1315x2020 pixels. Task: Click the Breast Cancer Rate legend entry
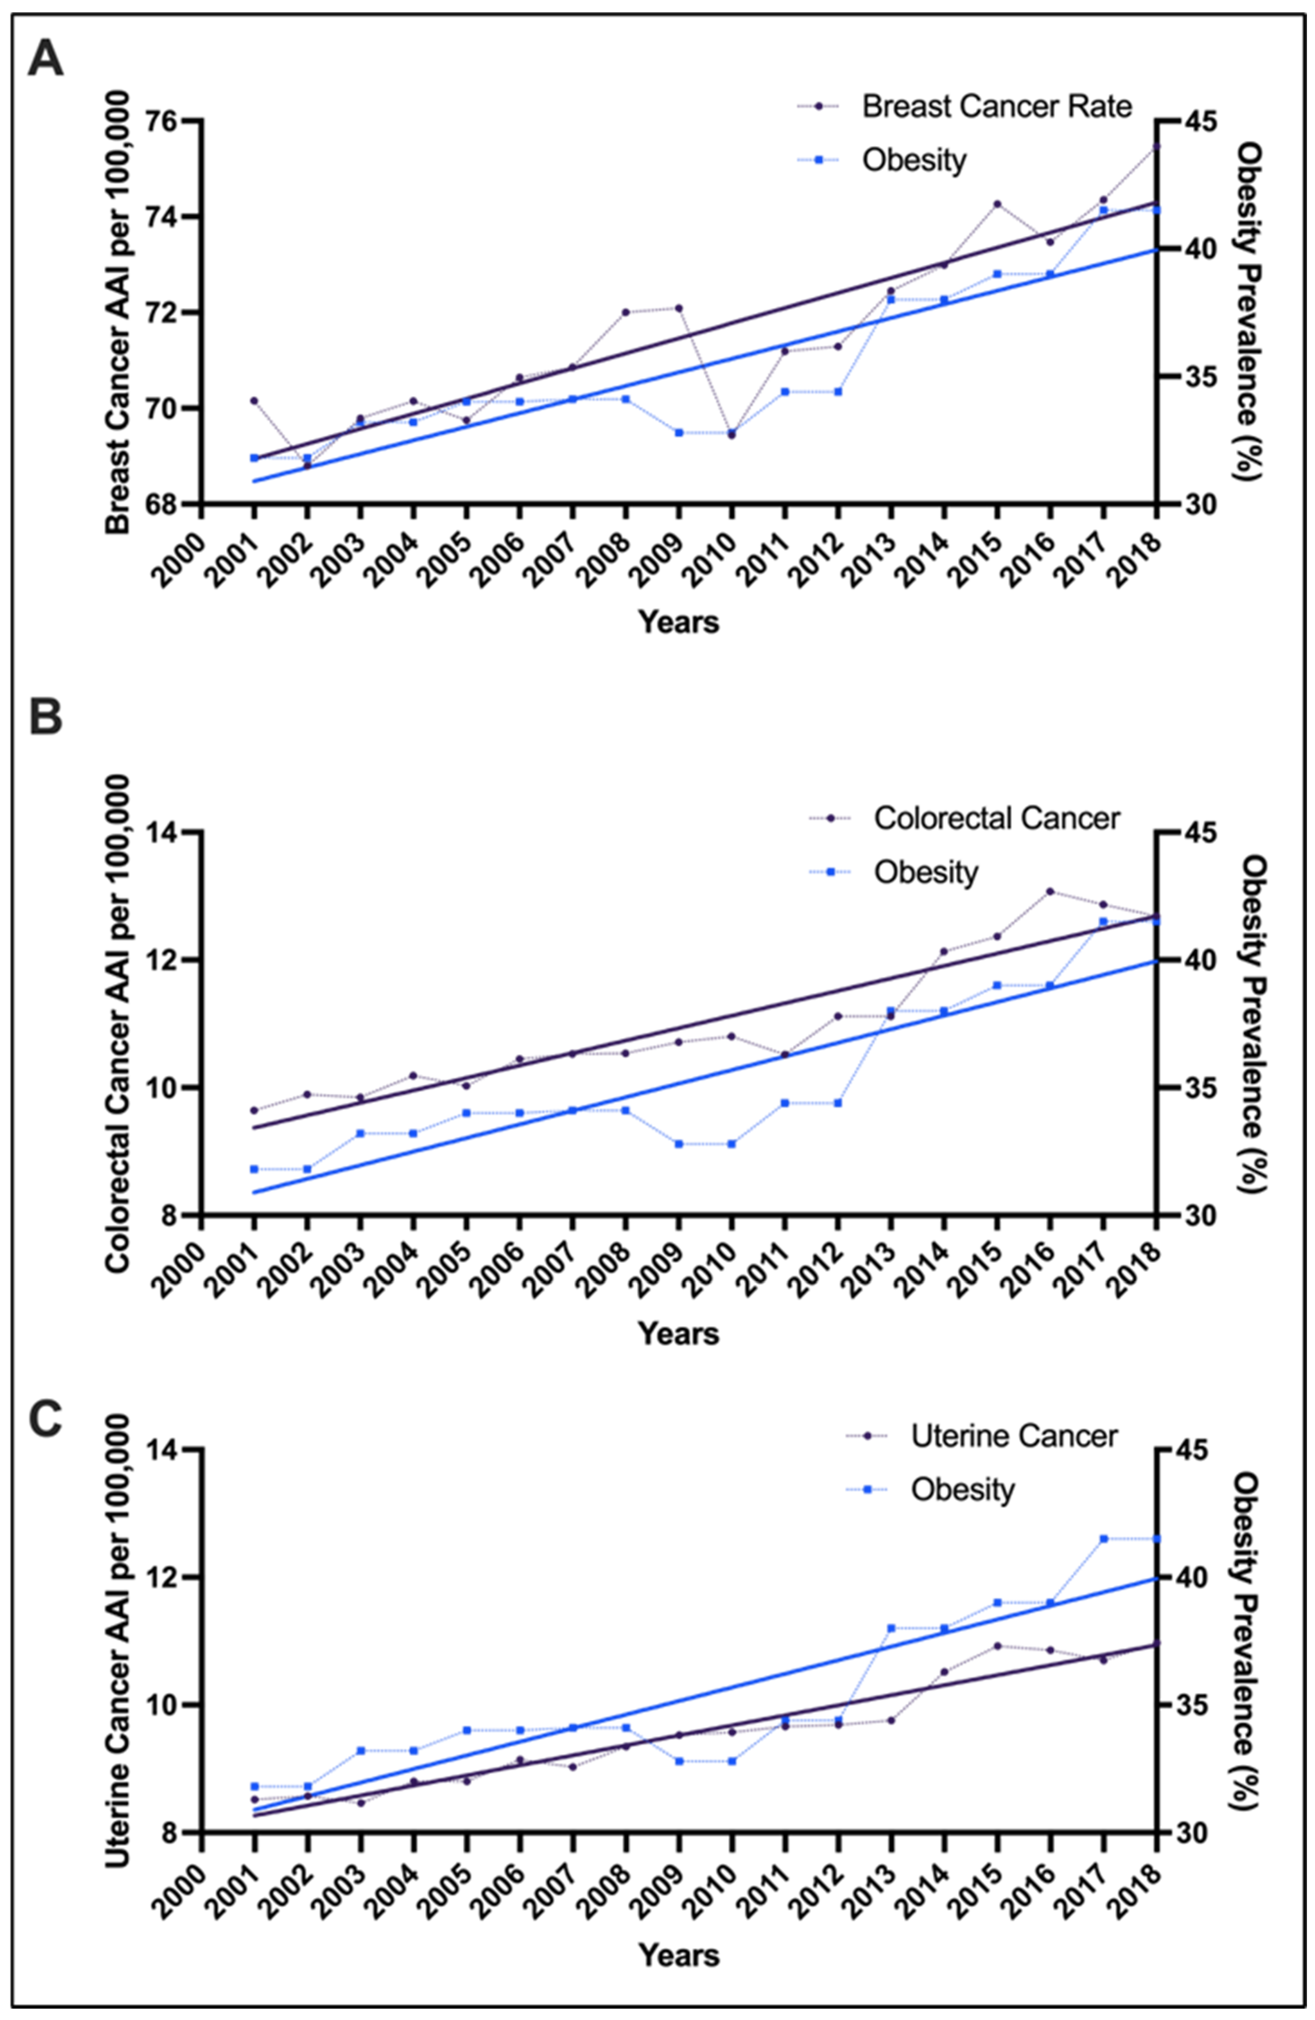(x=996, y=107)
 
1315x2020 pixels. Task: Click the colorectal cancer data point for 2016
(x=1050, y=891)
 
